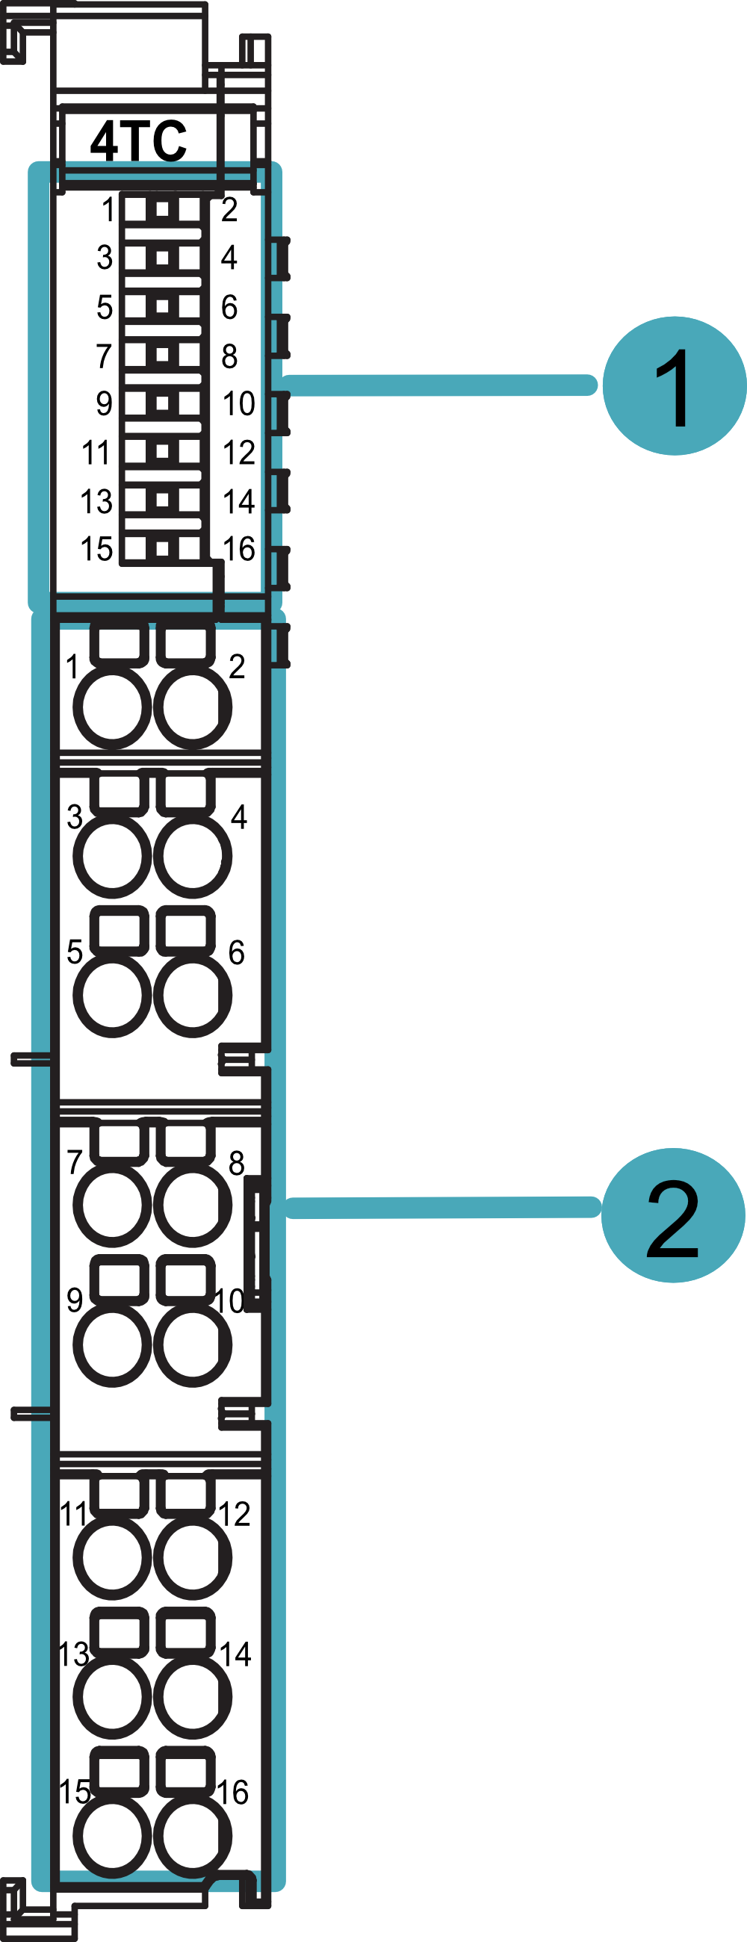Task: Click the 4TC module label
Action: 139,140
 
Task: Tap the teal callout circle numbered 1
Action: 674,385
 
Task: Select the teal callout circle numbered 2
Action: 672,1214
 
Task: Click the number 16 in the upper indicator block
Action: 239,549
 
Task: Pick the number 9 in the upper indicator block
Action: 104,403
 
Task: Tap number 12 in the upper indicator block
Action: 239,453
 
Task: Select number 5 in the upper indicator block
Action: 105,307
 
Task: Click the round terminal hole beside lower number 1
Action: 112,707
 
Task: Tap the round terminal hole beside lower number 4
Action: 192,856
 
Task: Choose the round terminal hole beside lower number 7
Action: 112,1204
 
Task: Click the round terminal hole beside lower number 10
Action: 192,1344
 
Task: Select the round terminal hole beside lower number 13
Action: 112,1697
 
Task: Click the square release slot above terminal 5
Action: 119,928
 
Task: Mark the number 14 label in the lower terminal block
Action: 235,1654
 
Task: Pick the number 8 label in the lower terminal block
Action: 237,1163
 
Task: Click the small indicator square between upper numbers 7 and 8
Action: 162,354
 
